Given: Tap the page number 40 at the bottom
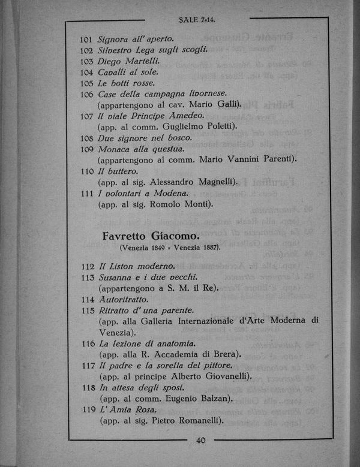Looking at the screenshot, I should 200,441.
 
